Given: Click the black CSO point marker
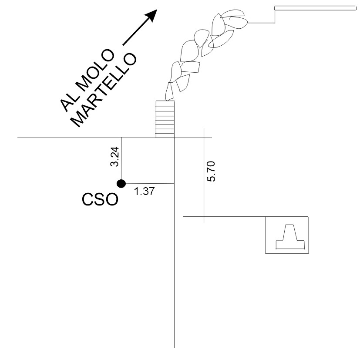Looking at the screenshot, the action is coord(121,184).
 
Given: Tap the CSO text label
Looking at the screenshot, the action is coord(100,199).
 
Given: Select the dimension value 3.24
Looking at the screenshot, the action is coord(114,157).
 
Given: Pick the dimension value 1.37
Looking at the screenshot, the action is coord(144,191).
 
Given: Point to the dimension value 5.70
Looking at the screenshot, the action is coord(211,171).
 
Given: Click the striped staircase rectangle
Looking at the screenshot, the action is coord(165,119).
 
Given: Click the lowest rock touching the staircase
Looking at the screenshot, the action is coord(169,91).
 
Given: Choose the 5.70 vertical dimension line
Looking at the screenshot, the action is coord(204,175).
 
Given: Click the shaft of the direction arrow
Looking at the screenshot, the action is coord(136,32).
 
